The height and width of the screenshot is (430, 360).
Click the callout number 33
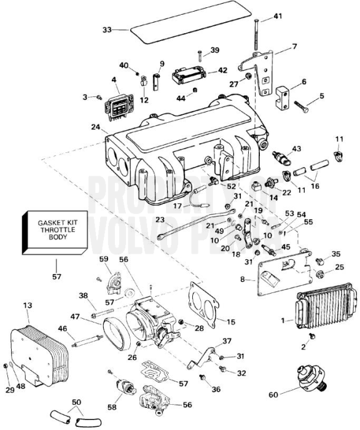coord(107,29)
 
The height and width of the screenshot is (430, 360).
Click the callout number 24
coord(95,128)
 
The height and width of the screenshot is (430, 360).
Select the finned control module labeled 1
coord(324,308)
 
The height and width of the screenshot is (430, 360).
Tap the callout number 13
coord(26,306)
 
